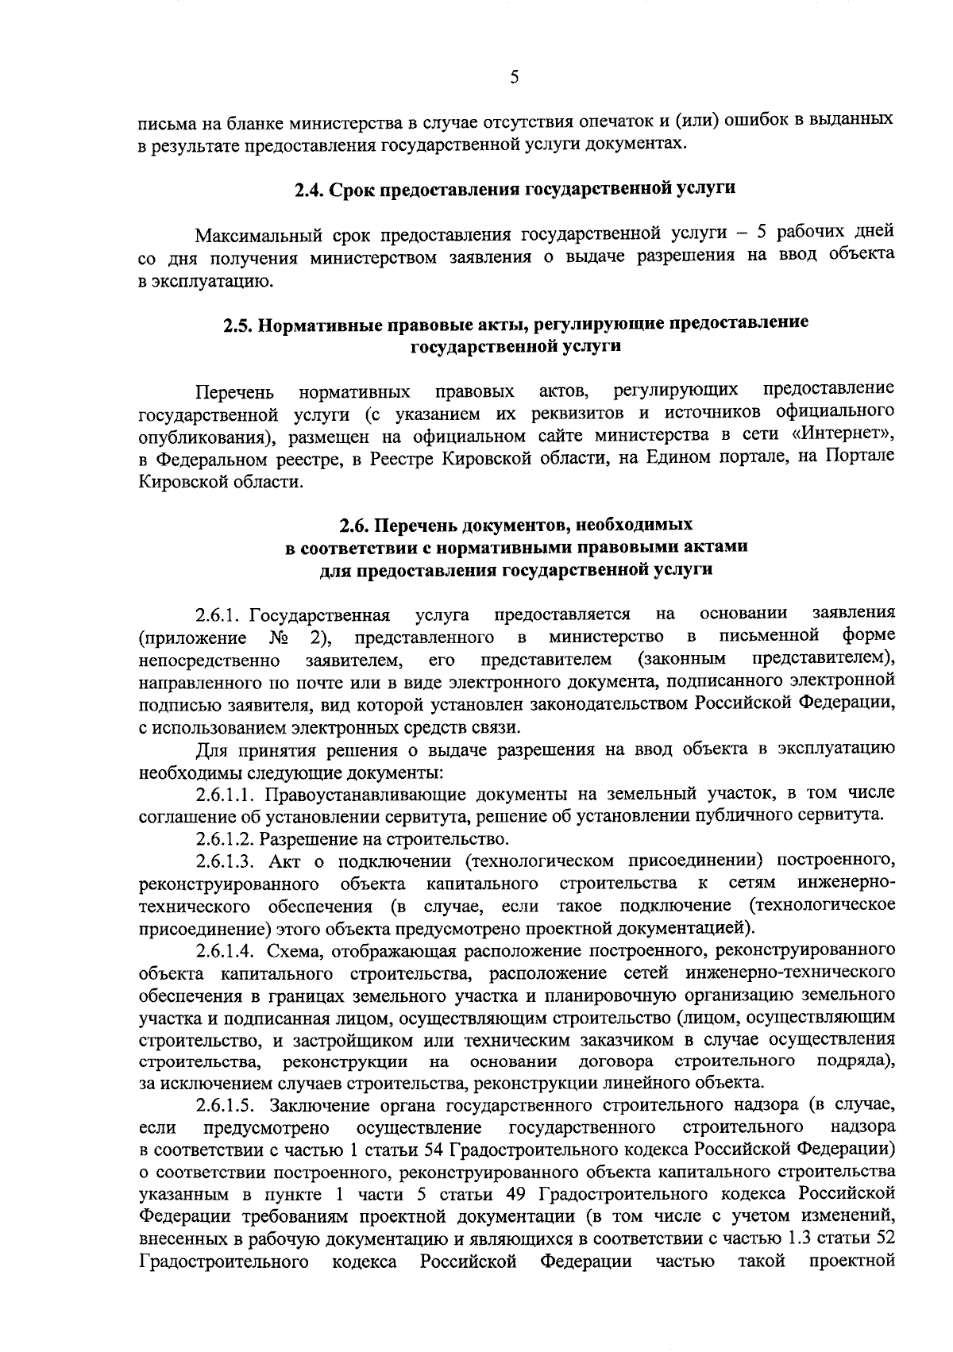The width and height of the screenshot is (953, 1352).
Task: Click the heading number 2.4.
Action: click(309, 191)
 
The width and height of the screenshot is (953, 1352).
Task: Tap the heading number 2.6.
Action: click(355, 526)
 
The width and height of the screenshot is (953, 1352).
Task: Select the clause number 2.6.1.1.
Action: click(226, 793)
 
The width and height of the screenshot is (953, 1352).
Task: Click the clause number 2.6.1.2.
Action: click(226, 839)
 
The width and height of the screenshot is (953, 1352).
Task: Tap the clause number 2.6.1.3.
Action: click(226, 861)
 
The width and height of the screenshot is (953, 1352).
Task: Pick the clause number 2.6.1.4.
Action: click(226, 950)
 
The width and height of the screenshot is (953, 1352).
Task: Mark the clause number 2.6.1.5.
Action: click(226, 1106)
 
